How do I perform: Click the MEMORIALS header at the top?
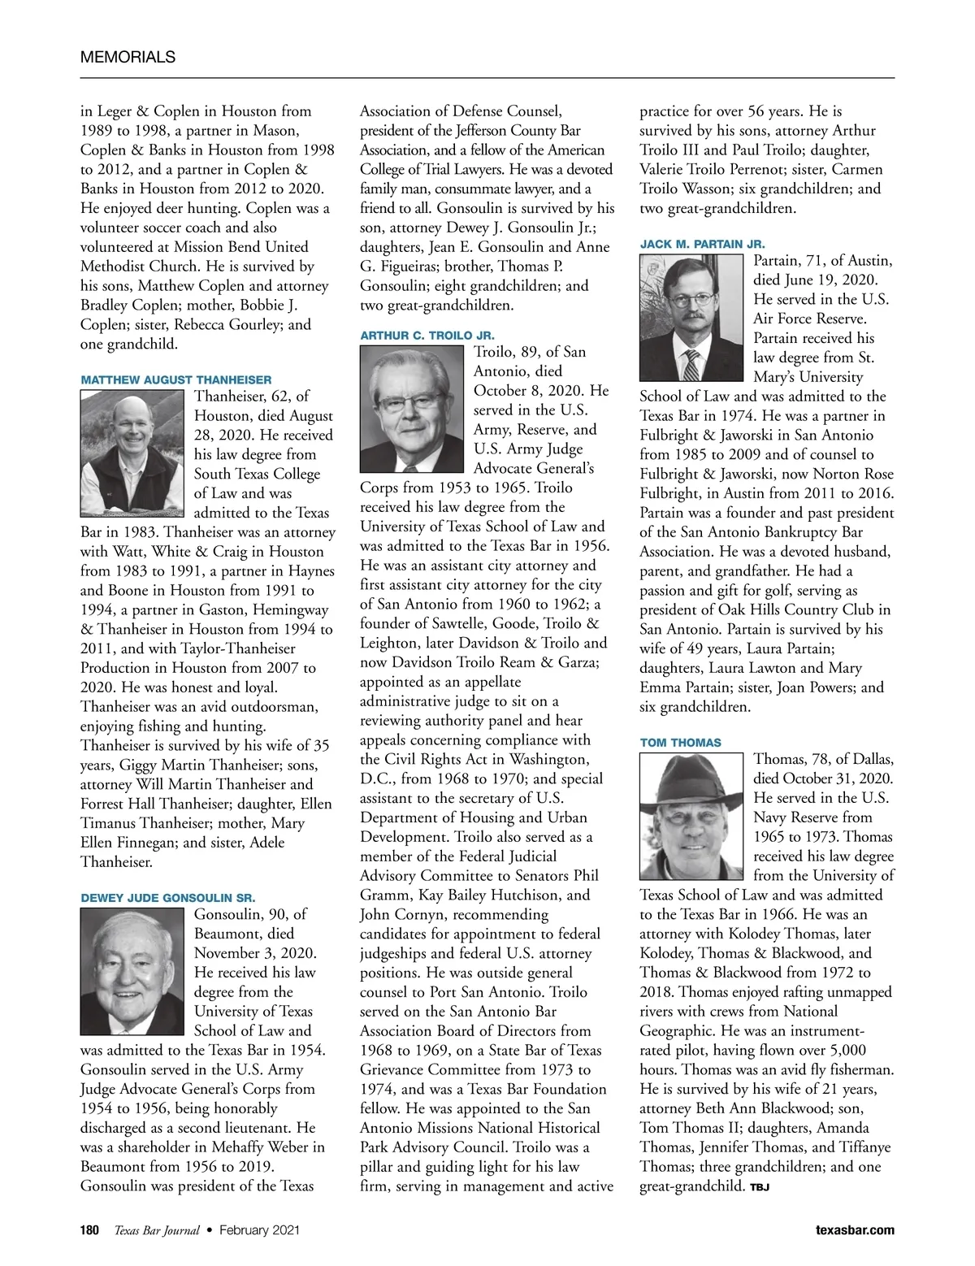pyautogui.click(x=128, y=57)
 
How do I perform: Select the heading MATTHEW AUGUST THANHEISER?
pyautogui.click(x=176, y=379)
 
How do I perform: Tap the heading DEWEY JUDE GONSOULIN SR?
pyautogui.click(x=168, y=898)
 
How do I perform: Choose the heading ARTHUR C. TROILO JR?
pyautogui.click(x=427, y=335)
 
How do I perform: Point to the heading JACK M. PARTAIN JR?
pyautogui.click(x=702, y=244)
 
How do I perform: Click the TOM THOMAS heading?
pyautogui.click(x=680, y=743)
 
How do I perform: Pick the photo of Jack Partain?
pyautogui.click(x=691, y=318)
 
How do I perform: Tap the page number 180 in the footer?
pyautogui.click(x=89, y=1230)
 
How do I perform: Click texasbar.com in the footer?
pyautogui.click(x=855, y=1230)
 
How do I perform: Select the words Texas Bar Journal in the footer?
pyautogui.click(x=156, y=1230)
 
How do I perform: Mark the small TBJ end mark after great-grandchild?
pyautogui.click(x=760, y=1188)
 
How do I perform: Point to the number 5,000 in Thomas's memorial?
pyautogui.click(x=843, y=1051)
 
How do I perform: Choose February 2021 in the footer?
pyautogui.click(x=259, y=1230)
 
